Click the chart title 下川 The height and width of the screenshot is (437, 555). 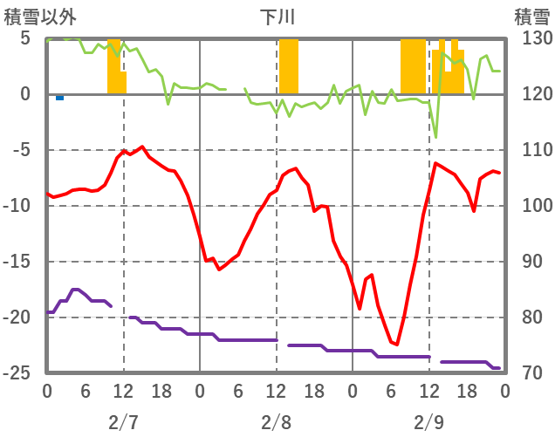coord(277,17)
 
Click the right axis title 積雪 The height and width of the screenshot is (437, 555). coord(530,17)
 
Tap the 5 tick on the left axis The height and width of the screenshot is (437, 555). coord(25,39)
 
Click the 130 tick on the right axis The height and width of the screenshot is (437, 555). coord(531,39)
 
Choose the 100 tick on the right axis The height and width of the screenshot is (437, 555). coord(531,206)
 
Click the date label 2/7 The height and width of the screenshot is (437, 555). coord(123,422)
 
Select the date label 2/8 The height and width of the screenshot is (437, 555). coord(276,422)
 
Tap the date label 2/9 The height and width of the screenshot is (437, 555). coord(428,422)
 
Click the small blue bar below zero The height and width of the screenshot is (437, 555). coord(59,98)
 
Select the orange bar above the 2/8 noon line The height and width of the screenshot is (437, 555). coord(288,66)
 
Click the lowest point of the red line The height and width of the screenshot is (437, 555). coord(397,345)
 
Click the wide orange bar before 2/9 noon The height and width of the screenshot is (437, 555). coord(413,66)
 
